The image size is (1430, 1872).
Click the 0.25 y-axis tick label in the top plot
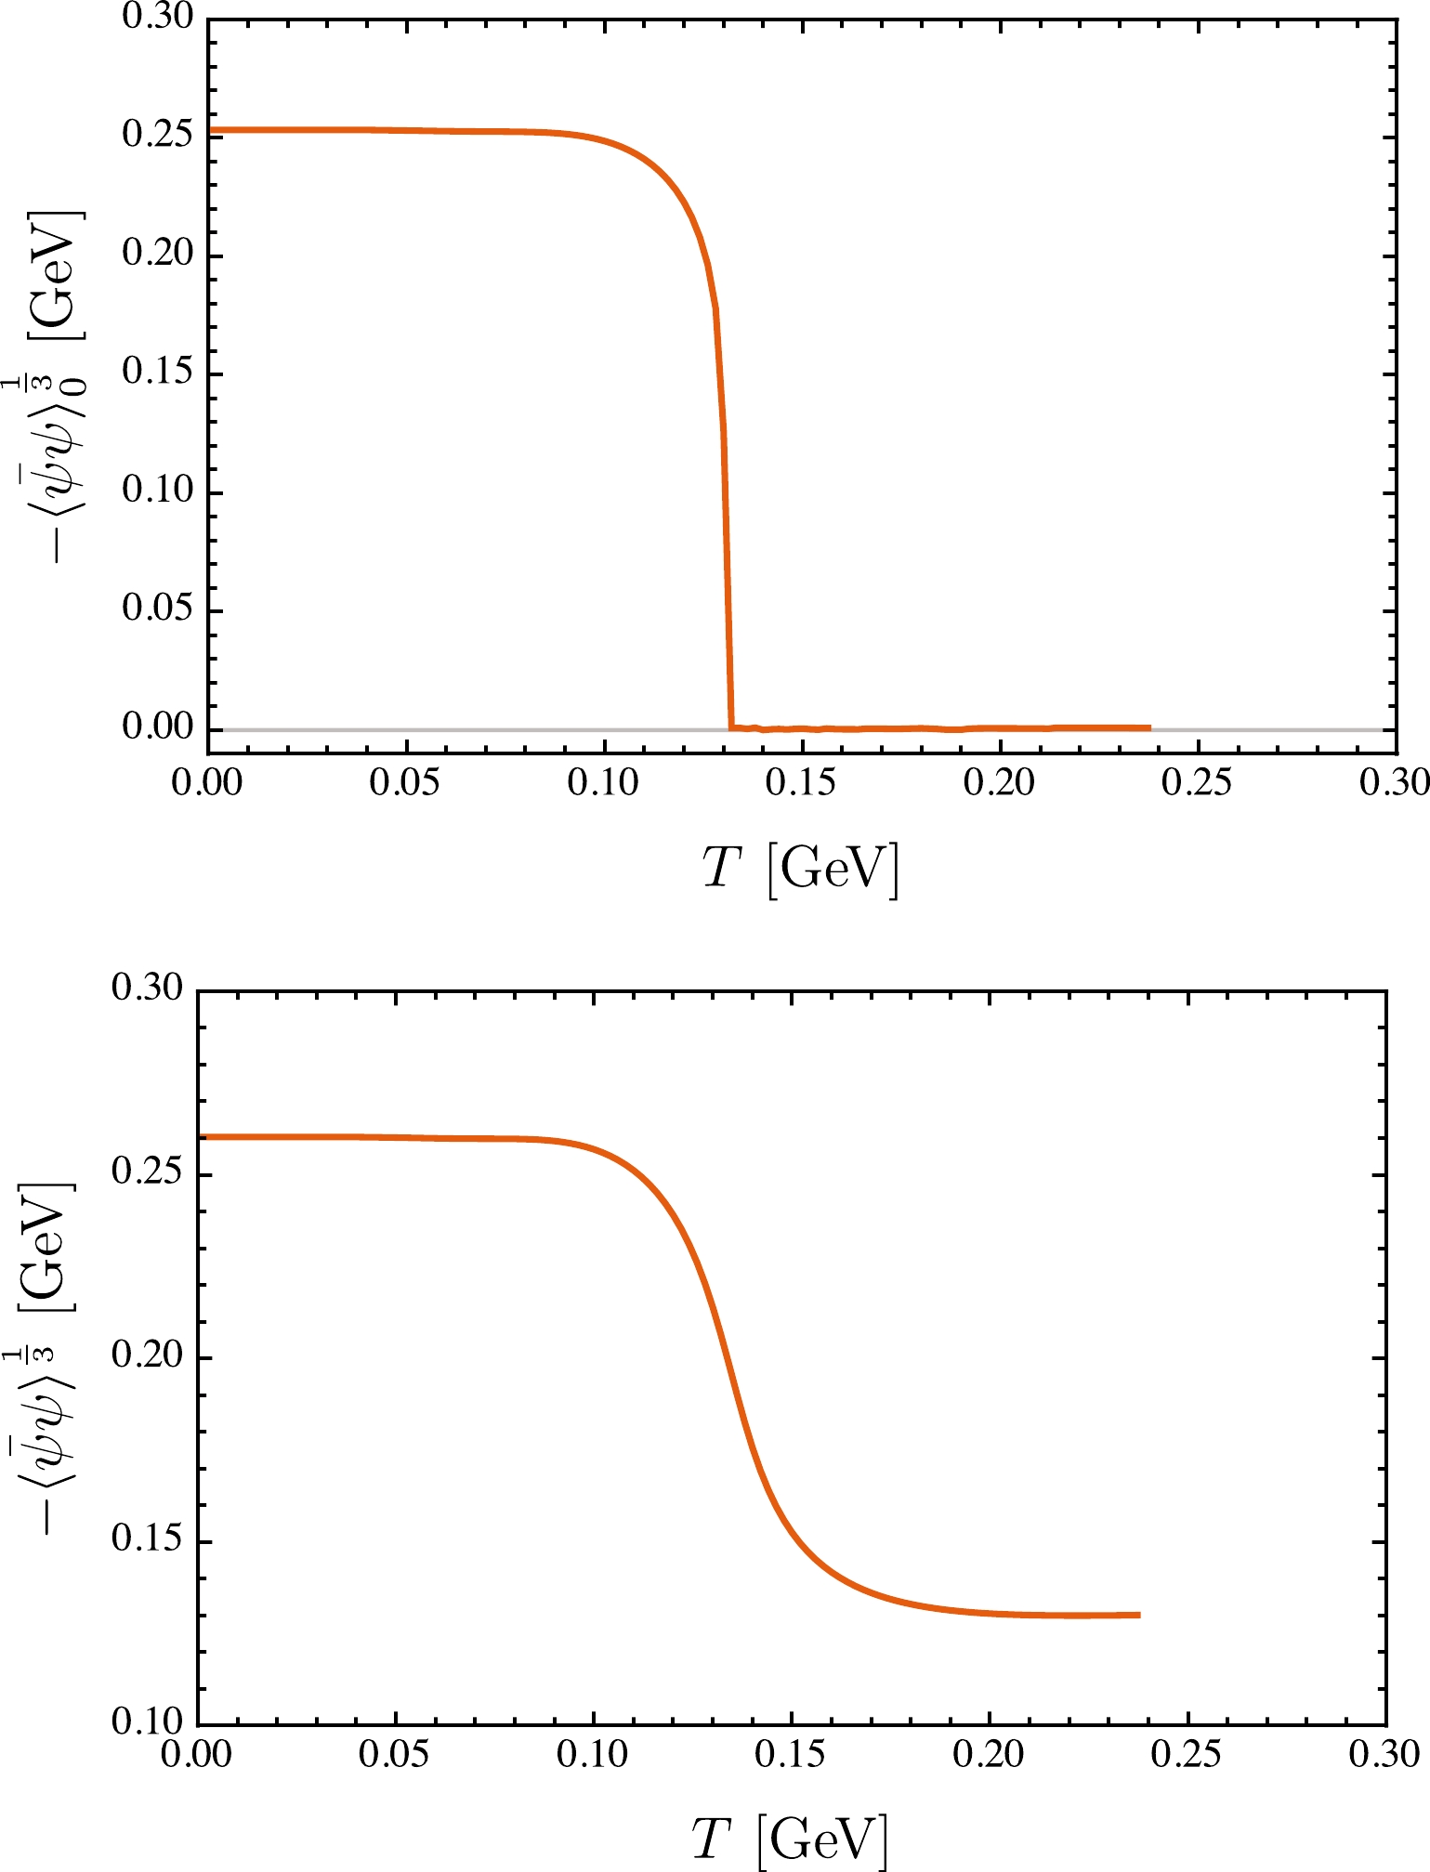(x=158, y=135)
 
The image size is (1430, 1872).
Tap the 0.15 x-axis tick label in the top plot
(x=801, y=782)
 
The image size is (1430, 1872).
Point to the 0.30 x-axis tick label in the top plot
(x=1394, y=782)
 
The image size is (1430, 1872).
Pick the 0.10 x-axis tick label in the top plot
(x=603, y=782)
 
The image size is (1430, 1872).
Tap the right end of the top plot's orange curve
(x=1150, y=727)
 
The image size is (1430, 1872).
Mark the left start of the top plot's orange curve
(x=210, y=130)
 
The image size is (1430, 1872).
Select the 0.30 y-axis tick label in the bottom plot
(x=147, y=988)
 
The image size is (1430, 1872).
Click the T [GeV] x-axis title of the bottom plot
(x=790, y=1839)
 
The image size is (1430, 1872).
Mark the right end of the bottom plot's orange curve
(x=1139, y=1616)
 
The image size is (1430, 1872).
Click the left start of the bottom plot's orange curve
(x=201, y=1136)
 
